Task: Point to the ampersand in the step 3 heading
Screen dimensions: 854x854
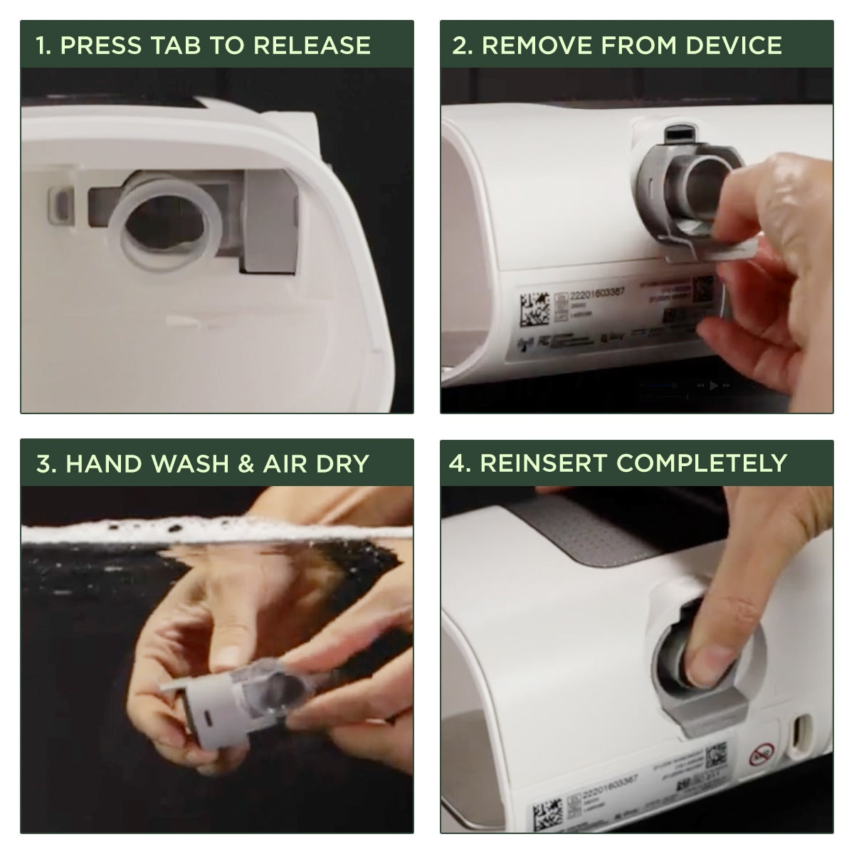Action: [x=246, y=464]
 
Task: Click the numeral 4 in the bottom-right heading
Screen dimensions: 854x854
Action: [x=456, y=463]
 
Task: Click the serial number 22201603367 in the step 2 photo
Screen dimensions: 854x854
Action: [x=598, y=292]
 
